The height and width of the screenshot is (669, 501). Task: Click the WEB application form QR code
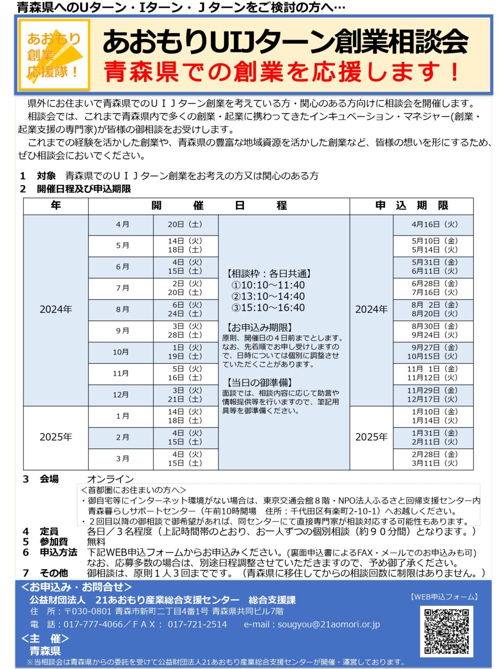tap(446, 631)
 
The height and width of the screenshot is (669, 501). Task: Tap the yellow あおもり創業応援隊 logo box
tap(54, 55)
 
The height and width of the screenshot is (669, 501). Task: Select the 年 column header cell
tap(56, 206)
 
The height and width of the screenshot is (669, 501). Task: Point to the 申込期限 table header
tap(411, 206)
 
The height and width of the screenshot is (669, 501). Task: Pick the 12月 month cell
tap(121, 395)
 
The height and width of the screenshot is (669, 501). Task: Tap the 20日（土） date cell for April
tap(185, 224)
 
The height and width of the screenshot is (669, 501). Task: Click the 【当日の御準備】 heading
tap(259, 382)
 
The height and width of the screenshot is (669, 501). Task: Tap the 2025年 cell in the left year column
tap(56, 437)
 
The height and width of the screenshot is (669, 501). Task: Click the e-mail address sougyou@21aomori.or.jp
tap(328, 624)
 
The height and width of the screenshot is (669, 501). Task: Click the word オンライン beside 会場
tap(110, 479)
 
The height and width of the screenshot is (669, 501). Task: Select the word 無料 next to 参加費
tap(96, 542)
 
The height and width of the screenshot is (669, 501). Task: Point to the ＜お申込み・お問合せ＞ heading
tap(77, 587)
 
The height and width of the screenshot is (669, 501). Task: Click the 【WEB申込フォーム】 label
tap(444, 597)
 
